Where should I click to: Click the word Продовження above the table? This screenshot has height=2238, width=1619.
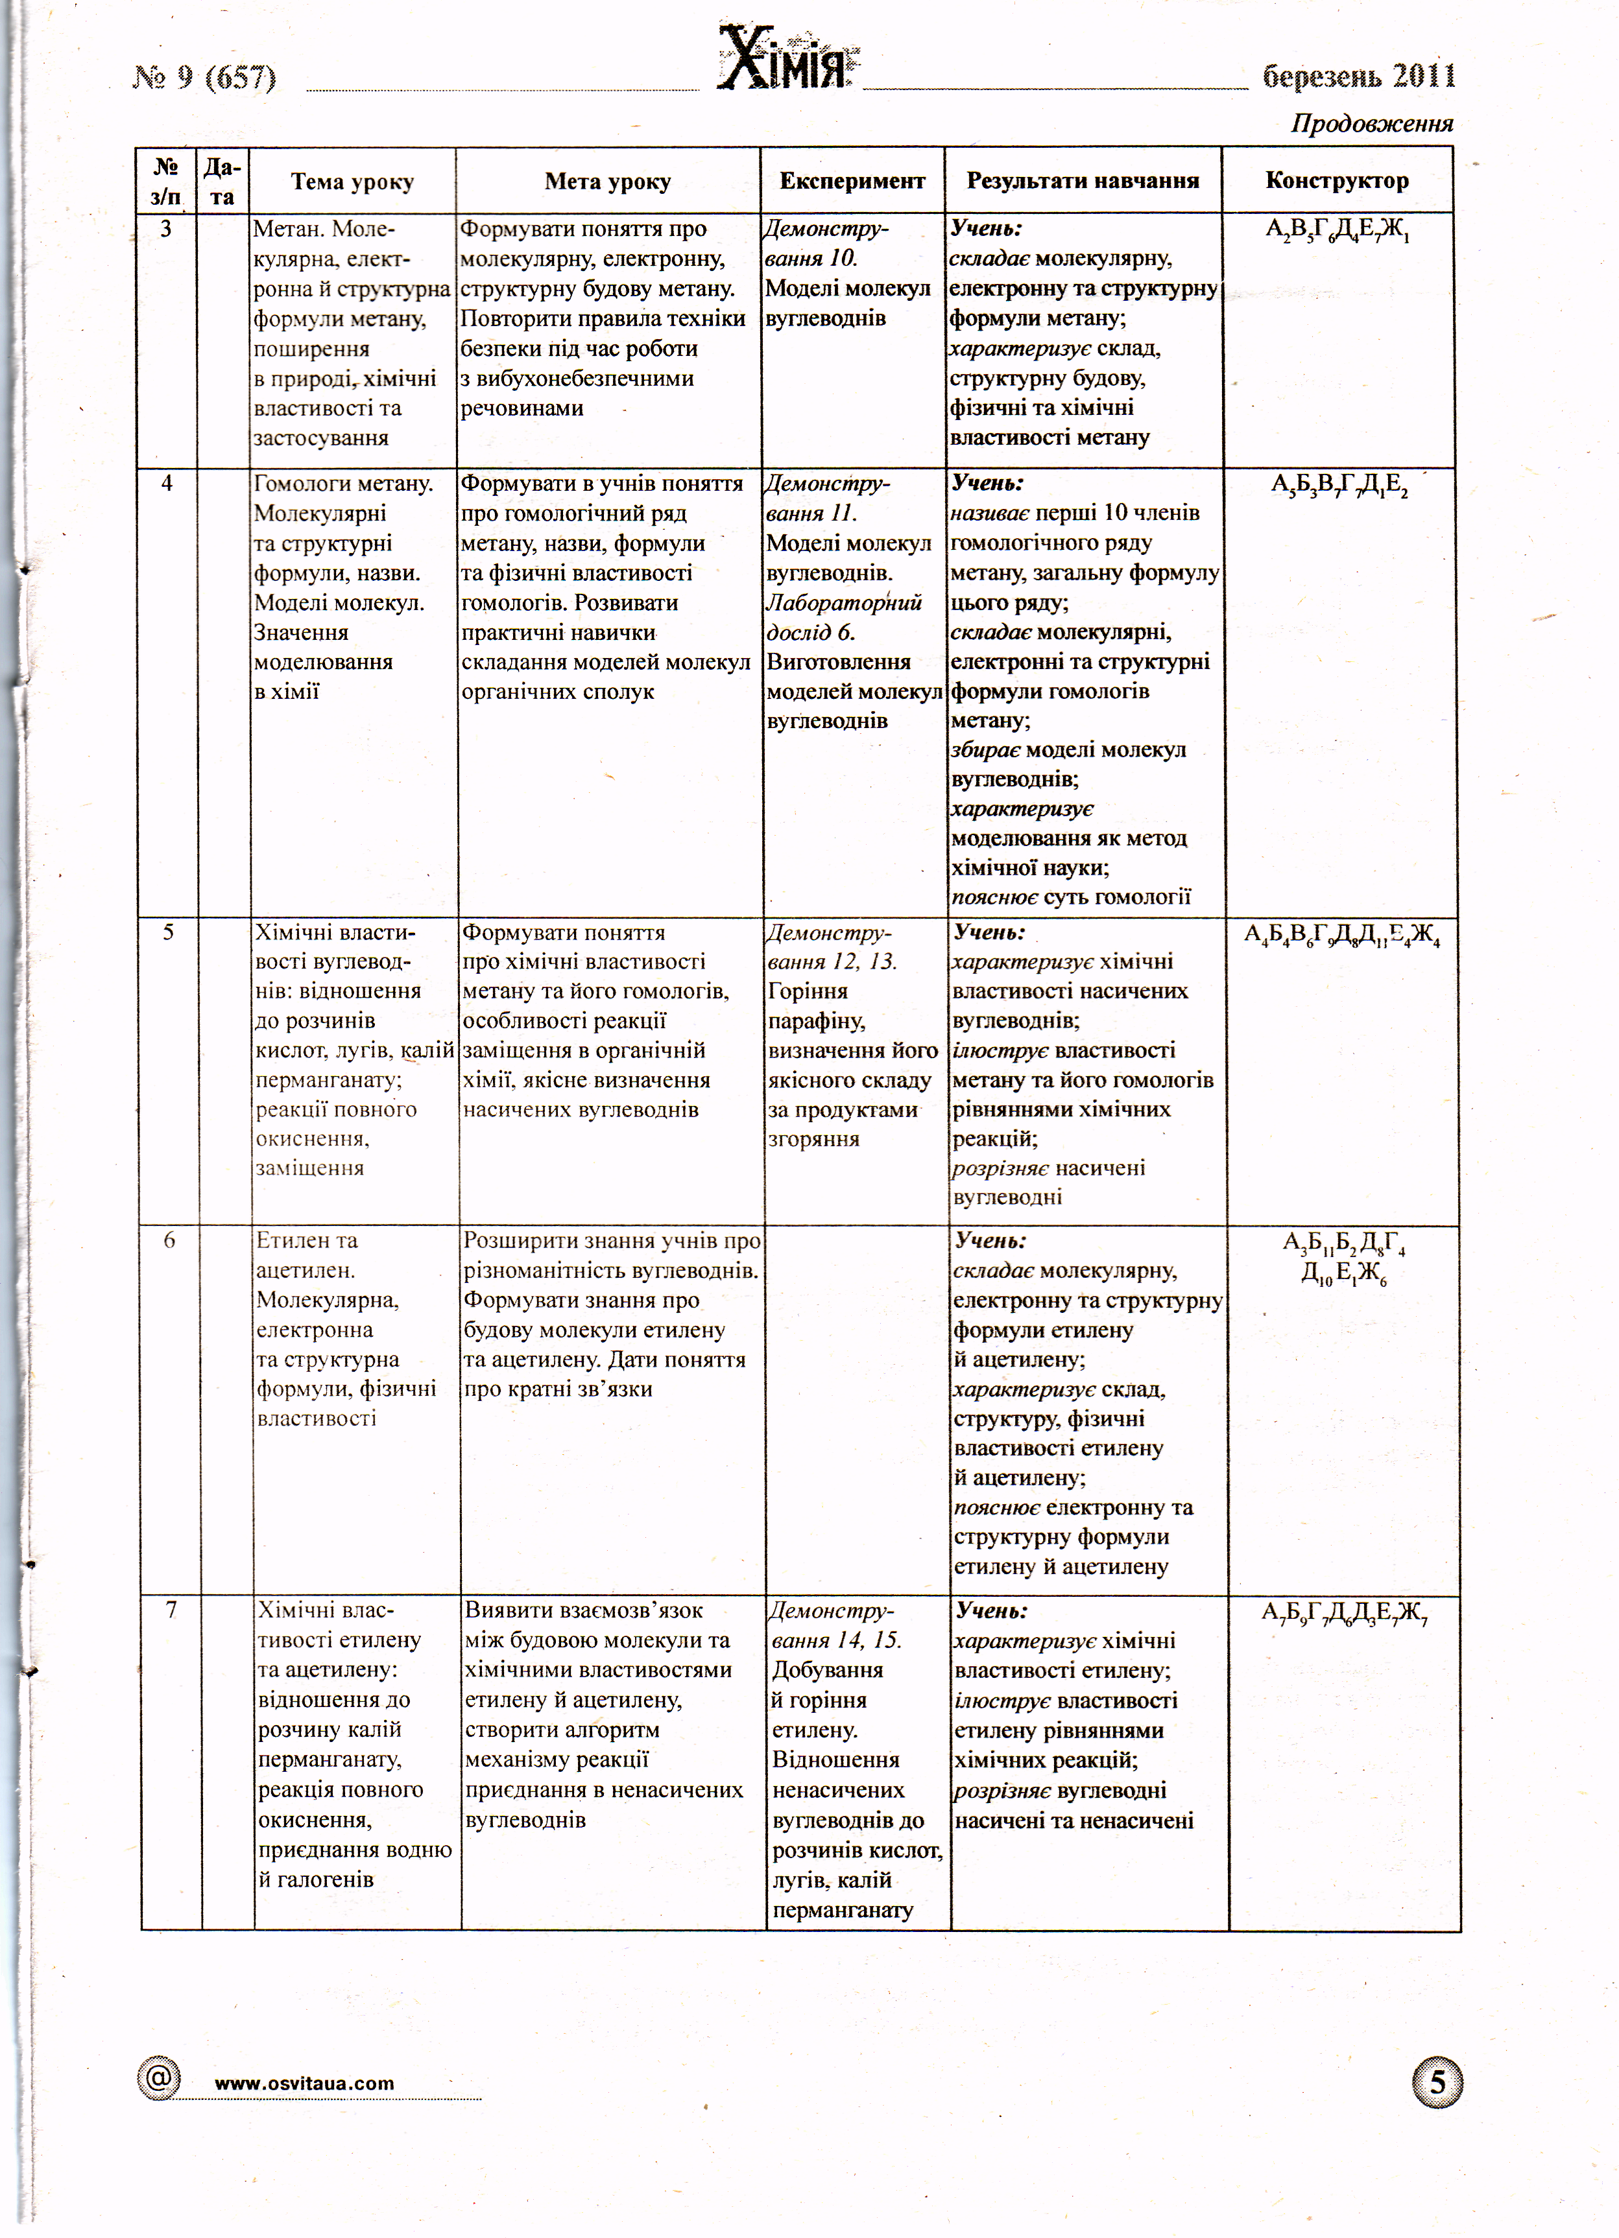(x=1371, y=124)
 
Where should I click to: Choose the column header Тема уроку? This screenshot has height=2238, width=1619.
(x=352, y=182)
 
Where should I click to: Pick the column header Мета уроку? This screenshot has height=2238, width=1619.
(x=607, y=182)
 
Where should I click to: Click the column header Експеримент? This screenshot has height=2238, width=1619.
(x=852, y=181)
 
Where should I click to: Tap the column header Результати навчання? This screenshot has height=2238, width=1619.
(x=1083, y=181)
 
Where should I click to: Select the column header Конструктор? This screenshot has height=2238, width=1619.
(x=1337, y=181)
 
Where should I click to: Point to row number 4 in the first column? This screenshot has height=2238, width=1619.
(x=167, y=484)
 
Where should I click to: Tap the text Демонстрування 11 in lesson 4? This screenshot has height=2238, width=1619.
(x=827, y=499)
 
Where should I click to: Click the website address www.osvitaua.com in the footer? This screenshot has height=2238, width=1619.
(x=304, y=2083)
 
